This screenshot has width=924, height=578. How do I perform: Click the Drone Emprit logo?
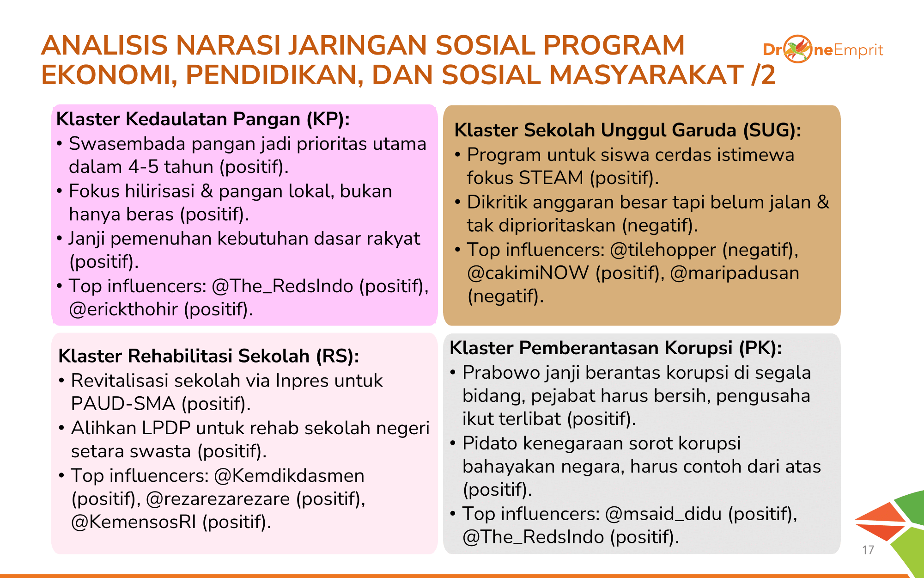point(823,49)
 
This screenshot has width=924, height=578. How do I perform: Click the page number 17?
point(868,550)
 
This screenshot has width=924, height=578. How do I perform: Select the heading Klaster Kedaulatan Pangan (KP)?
point(203,119)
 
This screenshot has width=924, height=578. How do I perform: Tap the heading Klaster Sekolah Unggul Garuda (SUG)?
point(627,130)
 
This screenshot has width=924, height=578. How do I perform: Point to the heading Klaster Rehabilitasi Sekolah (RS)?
point(209,356)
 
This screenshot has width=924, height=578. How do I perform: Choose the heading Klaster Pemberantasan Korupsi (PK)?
point(615,348)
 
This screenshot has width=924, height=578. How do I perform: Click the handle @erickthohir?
point(123,309)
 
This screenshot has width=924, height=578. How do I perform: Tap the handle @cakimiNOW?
point(528,273)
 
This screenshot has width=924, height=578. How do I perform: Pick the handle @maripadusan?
point(735,273)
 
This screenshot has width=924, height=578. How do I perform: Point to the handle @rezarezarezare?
point(218,499)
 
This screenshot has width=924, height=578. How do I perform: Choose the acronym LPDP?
point(166,428)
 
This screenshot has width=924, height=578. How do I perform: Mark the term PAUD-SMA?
point(123,404)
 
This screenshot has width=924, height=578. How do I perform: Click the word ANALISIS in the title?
point(104,45)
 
